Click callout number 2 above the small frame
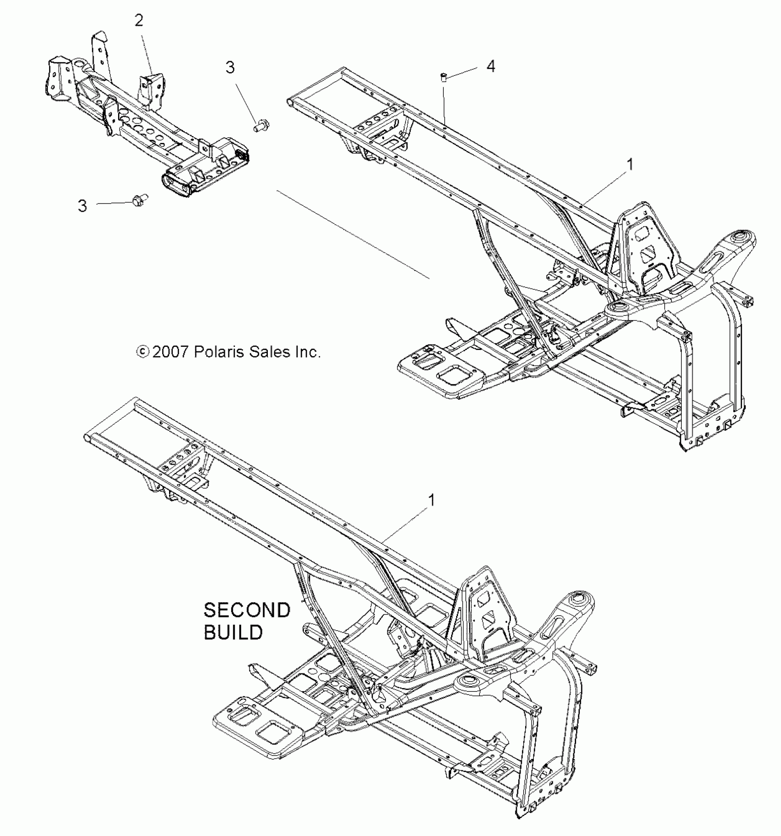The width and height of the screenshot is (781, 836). pos(139,21)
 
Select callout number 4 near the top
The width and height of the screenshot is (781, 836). pos(491,67)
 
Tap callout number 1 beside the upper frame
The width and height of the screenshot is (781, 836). pos(630,164)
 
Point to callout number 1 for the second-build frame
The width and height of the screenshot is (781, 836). pos(431,500)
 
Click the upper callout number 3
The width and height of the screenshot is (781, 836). pos(230,68)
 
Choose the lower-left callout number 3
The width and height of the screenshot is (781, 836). pos(82,205)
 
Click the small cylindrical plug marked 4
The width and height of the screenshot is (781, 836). pos(444,77)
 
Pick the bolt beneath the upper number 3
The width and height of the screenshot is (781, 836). pos(261,124)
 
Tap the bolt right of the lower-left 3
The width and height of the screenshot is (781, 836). pos(137,200)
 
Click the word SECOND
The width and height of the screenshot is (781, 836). pos(247,610)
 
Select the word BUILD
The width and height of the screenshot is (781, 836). pos(233,633)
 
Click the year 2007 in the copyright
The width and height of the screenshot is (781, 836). pos(170,352)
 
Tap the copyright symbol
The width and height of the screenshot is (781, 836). pos(142,352)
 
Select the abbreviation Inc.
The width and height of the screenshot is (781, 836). pos(307,352)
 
